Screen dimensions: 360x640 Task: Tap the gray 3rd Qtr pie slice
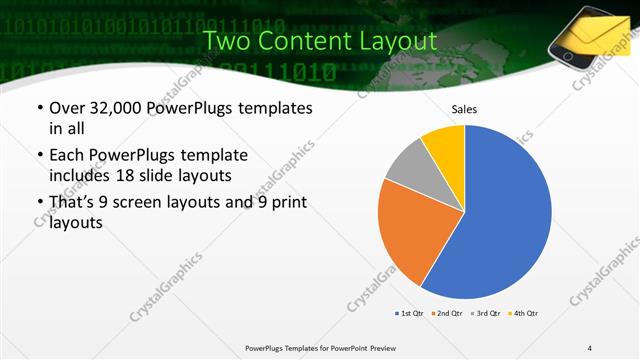click(407, 164)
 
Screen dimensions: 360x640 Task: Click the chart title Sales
click(465, 108)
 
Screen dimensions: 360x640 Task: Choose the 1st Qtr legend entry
click(409, 314)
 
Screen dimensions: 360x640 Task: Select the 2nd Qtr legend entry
click(445, 314)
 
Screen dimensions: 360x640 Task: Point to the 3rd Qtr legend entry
click(485, 314)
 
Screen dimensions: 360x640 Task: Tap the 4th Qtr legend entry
click(523, 314)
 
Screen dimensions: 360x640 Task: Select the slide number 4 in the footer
click(589, 347)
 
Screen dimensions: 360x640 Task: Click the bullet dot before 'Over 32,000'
click(39, 108)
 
